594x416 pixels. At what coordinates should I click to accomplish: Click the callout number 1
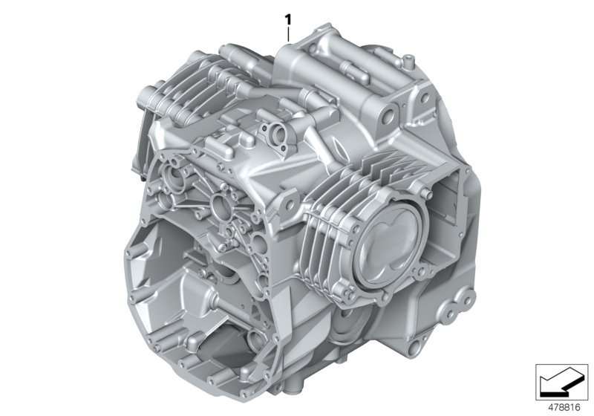[x=288, y=16]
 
